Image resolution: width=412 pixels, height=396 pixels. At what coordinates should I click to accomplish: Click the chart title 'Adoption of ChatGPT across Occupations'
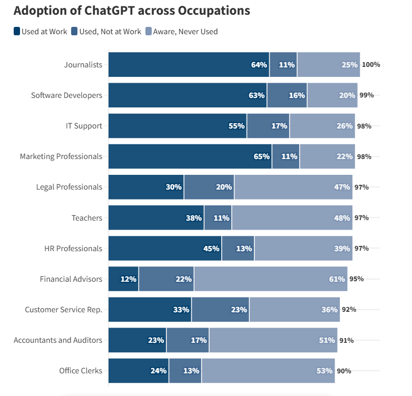coord(132,11)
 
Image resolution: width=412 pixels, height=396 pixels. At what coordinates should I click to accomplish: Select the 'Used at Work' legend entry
coord(41,32)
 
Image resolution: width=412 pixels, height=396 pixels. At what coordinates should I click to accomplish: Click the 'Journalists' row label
coord(83,65)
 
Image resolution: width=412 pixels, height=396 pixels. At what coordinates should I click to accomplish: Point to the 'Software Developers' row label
coord(66,95)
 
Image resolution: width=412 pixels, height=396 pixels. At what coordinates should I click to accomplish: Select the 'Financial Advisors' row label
coord(71,279)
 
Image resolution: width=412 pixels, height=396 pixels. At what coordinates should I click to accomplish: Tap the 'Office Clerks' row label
coord(81,371)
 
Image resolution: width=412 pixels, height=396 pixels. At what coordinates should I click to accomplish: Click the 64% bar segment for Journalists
coord(189,65)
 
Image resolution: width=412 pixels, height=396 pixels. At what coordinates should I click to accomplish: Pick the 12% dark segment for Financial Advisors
coord(123,279)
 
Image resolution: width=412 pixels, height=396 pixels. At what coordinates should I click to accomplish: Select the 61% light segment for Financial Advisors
coord(270,279)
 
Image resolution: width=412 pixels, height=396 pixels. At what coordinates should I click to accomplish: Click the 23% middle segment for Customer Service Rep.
coord(220,309)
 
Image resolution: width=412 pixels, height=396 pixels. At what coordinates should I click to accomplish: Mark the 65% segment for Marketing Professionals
coord(190,156)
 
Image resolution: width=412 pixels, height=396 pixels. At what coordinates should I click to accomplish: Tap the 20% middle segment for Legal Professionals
coord(209,187)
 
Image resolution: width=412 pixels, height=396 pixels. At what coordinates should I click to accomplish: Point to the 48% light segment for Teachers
coord(292,217)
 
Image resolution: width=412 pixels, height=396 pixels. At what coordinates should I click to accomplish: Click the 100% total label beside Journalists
coord(371,65)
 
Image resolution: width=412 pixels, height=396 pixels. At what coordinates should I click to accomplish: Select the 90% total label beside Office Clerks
coord(344,371)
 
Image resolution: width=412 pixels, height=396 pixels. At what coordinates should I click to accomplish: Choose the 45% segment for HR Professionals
coord(165,248)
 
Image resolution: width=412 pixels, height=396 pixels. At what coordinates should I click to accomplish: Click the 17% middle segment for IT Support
coord(268,126)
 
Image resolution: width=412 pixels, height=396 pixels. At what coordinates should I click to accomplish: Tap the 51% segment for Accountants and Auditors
coord(273,340)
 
